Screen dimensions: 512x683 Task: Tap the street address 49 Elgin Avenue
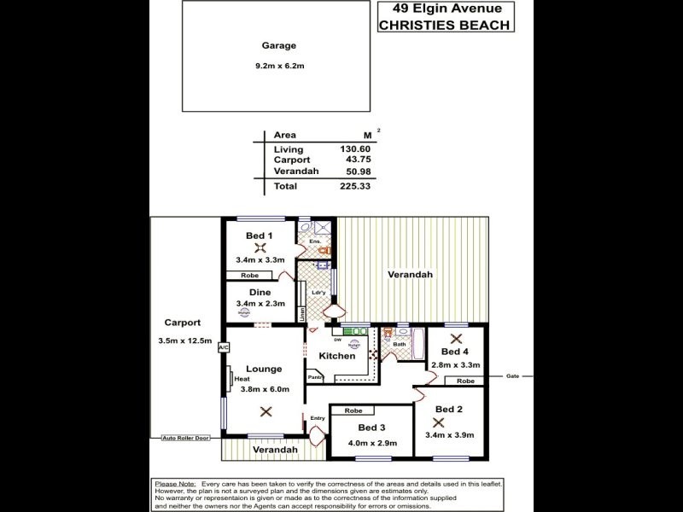point(445,9)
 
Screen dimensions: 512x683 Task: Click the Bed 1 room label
point(259,236)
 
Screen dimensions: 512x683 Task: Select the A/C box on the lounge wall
point(224,348)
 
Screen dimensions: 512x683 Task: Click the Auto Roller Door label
point(185,438)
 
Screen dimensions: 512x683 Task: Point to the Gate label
point(512,375)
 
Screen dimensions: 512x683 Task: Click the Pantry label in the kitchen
point(315,376)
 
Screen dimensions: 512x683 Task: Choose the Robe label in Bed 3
point(352,410)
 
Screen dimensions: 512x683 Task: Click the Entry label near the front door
point(318,417)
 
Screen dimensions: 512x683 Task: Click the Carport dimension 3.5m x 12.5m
point(185,341)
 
